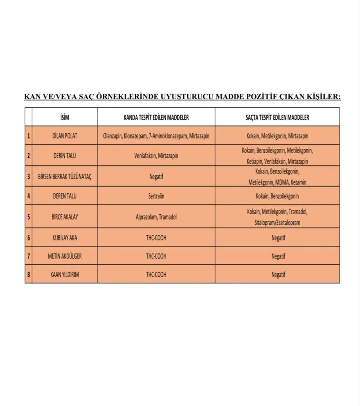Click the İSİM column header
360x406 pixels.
coord(64,117)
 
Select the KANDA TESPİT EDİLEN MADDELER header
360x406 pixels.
coord(156,117)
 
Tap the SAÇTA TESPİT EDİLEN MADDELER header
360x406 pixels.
coord(277,117)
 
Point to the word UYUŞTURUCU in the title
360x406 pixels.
coord(187,97)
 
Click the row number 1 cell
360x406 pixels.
coord(28,136)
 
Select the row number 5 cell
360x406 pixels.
coord(28,217)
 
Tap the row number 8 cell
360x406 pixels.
coord(28,275)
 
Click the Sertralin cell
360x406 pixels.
coord(156,196)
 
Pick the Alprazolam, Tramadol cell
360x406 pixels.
coord(156,217)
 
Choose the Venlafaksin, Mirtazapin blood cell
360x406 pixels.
coord(156,156)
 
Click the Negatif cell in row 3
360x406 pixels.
coord(156,177)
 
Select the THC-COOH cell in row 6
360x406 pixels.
coord(156,238)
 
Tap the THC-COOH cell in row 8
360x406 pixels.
coord(156,275)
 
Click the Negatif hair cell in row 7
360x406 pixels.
coord(278,256)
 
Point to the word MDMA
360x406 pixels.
coord(282,182)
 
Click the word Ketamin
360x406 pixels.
coord(298,182)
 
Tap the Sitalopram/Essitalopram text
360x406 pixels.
coord(277,223)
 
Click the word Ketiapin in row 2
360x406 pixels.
coord(255,162)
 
